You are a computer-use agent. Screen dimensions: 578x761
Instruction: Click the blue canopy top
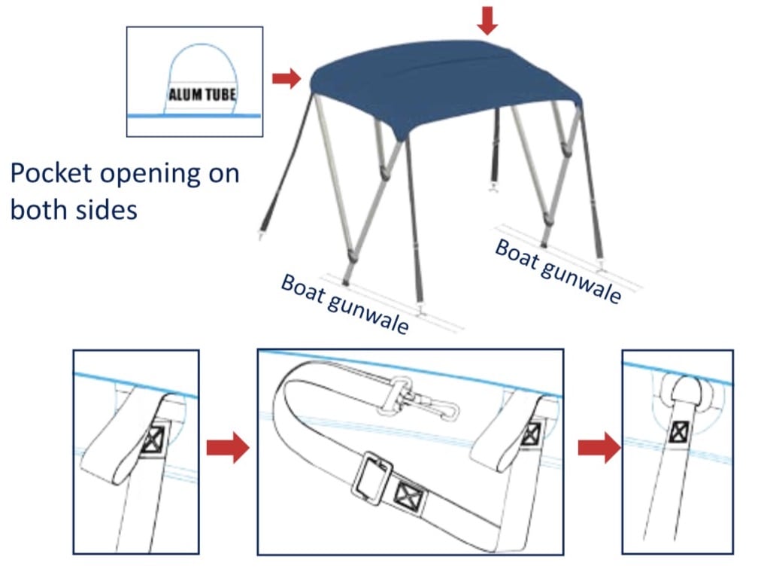(444, 87)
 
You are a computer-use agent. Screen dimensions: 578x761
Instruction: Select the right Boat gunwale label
(557, 270)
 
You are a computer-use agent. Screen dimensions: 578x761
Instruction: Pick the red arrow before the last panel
(599, 449)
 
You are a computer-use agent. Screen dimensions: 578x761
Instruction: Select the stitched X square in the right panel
(681, 431)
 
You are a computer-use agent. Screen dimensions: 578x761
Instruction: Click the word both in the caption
(40, 208)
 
